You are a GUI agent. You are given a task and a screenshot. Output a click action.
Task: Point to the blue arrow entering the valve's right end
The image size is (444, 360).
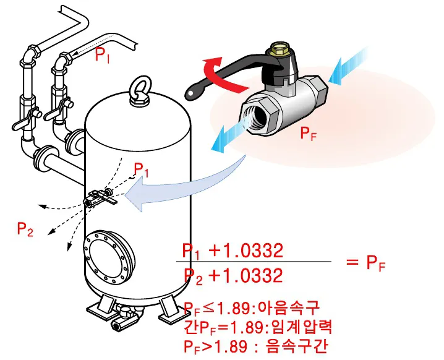[345, 66]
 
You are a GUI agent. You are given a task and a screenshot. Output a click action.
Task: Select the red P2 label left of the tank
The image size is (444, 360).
[25, 229]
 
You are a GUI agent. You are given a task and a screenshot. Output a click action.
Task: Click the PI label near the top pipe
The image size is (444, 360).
[103, 54]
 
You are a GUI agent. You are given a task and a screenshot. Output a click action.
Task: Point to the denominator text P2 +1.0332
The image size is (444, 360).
[233, 276]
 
